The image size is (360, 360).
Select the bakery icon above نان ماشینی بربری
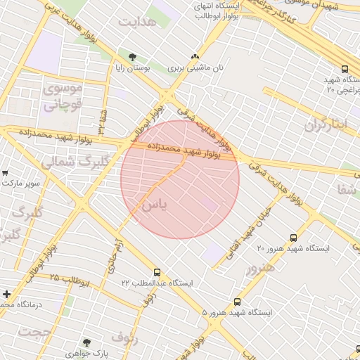(195, 57)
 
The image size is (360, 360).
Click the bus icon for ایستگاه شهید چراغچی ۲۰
(345, 69)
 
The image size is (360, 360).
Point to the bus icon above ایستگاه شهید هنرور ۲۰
(293, 238)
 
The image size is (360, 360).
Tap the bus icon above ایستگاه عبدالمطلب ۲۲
(157, 272)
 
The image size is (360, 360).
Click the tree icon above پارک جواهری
(87, 342)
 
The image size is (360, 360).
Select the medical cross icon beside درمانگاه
(6, 294)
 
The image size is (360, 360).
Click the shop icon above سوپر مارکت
(5, 172)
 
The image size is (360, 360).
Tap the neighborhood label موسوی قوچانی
(63, 97)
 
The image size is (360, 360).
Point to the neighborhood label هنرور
(260, 267)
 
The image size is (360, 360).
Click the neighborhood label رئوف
(125, 336)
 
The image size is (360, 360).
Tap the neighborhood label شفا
(347, 188)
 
